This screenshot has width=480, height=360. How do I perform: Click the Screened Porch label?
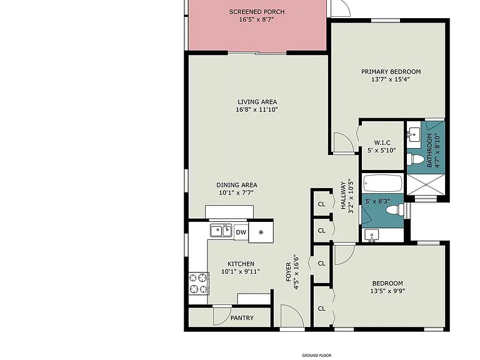[257, 12]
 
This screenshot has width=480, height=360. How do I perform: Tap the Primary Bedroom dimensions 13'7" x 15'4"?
[391, 79]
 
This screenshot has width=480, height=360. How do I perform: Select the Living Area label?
[257, 102]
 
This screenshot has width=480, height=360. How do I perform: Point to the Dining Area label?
[237, 185]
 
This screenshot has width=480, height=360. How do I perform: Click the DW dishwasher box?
[241, 232]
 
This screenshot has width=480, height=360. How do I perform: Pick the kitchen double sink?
[221, 231]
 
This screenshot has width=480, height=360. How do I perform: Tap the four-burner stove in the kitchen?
[198, 284]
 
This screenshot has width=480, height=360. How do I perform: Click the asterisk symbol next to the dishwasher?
[261, 232]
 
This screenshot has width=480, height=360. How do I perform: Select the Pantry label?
[242, 318]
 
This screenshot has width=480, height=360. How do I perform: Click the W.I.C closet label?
[382, 143]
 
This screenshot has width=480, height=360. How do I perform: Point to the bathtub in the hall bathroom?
[382, 183]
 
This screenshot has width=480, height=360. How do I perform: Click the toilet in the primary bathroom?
[415, 159]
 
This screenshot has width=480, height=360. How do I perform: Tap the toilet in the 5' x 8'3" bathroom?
[395, 210]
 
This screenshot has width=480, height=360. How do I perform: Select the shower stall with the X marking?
[426, 184]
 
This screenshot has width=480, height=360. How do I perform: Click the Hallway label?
[344, 196]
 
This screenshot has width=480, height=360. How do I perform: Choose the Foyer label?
[288, 271]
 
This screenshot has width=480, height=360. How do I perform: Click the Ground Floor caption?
[316, 356]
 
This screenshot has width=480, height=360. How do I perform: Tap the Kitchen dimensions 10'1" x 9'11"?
[241, 271]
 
